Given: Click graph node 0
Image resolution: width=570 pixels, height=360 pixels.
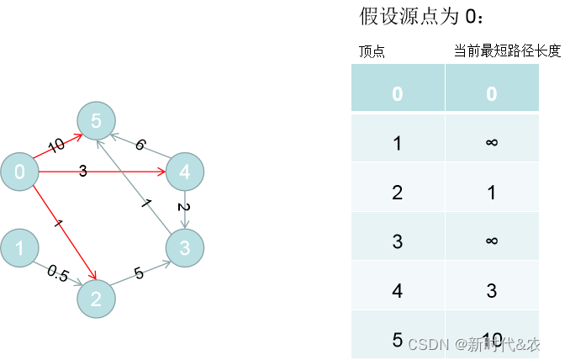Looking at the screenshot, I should pos(19,172).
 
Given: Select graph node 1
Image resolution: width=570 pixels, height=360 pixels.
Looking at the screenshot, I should pos(19,248).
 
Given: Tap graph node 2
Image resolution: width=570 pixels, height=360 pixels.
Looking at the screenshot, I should pos(96,298).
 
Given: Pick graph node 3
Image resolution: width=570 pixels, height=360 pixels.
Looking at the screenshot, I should pos(185,248).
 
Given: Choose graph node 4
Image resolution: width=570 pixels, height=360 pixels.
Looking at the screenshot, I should pos(185,172).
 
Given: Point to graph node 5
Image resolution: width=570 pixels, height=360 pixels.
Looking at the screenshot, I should pos(96,121).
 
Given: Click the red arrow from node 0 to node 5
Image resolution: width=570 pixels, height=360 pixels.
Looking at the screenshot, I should pos(59,146).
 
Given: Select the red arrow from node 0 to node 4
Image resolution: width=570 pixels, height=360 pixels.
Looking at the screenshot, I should pos(101,172).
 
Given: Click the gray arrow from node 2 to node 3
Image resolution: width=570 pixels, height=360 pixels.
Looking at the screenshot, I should pos(141,273).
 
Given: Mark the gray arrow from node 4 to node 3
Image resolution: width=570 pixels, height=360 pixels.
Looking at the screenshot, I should pos(185,210).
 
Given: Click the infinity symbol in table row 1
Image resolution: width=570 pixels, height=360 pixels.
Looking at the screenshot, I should pos(492,142).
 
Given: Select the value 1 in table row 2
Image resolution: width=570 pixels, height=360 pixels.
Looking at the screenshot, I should pos(492,192).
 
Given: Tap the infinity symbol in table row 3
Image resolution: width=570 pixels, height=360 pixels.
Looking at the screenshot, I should pos(492,241).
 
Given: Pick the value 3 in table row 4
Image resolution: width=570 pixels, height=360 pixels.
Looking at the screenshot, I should pos(492,291).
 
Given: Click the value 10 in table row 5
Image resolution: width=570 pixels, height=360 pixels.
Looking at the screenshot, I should pos(492,340).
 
